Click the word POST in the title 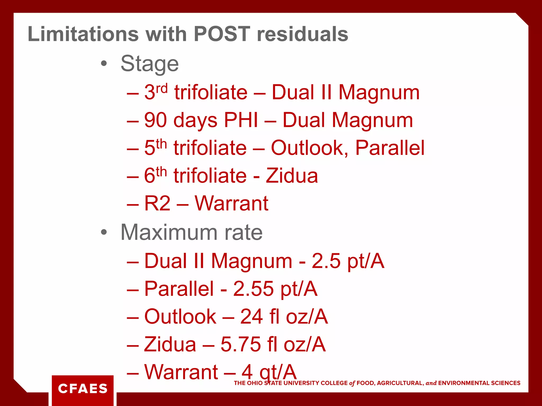point(222,34)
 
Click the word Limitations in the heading point(83,34)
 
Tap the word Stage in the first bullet point(150,64)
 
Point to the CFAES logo point(83,389)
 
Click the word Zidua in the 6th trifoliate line point(292,176)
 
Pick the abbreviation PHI point(241,120)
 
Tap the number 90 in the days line point(156,120)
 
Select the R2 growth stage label point(157,203)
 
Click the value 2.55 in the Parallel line point(253,289)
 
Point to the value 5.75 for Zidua point(241,344)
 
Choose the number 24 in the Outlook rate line point(251,316)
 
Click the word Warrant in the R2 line point(232,203)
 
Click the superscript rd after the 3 point(162,88)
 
